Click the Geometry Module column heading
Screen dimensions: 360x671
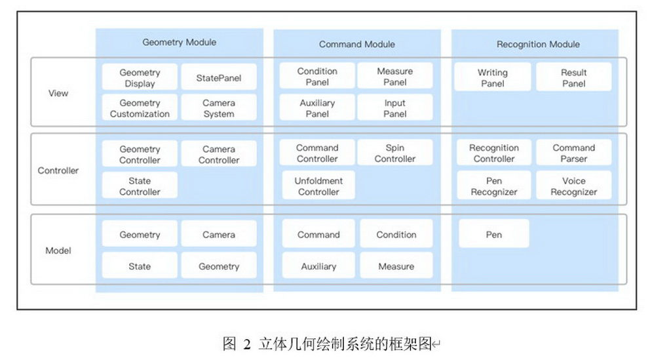[x=179, y=43]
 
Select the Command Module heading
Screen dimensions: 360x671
[x=357, y=45]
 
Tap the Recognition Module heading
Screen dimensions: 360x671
[x=538, y=45]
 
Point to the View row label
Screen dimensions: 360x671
[x=58, y=93]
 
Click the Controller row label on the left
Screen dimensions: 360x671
[x=58, y=170]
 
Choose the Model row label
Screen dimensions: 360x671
[x=58, y=250]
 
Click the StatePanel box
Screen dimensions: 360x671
[x=218, y=78]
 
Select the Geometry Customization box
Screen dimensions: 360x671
[x=140, y=108]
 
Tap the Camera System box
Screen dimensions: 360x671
[x=218, y=108]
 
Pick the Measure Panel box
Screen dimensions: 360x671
[x=395, y=76]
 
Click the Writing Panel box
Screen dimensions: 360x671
[x=492, y=77]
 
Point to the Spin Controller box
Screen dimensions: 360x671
[x=395, y=153]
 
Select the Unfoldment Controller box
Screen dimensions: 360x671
[x=318, y=186]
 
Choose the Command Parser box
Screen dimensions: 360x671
[x=573, y=153]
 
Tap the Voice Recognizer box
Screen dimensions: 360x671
[x=573, y=186]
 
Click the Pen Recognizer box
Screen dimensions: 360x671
[x=493, y=186]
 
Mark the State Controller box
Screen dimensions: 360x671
[x=140, y=186]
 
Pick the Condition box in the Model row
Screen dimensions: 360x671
[x=396, y=235]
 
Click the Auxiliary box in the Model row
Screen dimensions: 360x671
[x=318, y=266]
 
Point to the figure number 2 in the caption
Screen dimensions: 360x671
[x=247, y=344]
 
